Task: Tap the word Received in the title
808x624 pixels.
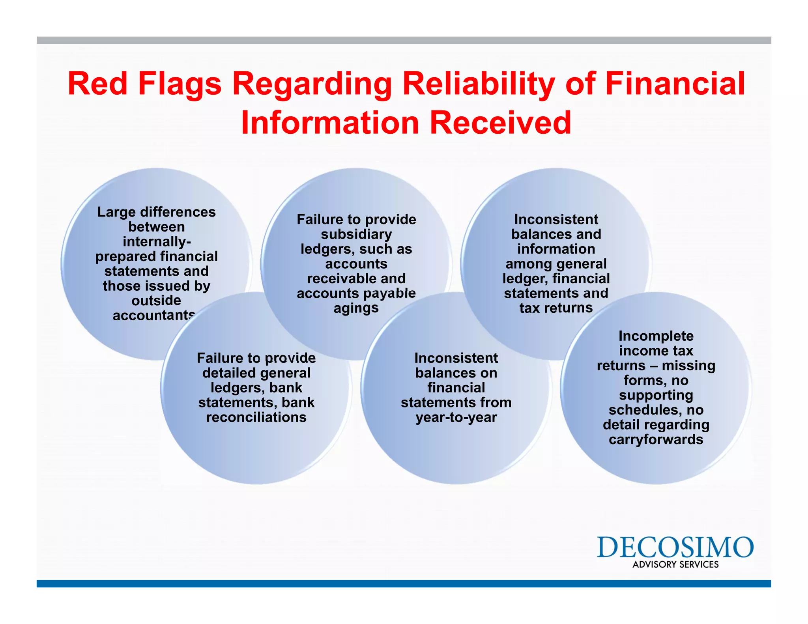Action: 500,123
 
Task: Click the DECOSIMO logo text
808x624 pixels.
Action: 675,547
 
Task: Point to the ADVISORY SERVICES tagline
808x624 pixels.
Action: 675,564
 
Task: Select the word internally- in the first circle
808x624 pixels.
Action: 157,241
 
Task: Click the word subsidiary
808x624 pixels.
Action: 356,234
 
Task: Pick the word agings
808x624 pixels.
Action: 356,308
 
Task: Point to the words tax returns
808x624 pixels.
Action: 556,308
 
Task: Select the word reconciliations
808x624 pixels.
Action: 256,417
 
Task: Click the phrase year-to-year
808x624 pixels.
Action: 456,417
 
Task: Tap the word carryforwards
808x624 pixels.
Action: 656,439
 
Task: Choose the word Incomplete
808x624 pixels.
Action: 656,336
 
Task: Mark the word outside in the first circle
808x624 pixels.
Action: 156,301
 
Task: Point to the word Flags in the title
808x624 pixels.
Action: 180,84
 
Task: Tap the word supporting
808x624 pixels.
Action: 656,395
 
